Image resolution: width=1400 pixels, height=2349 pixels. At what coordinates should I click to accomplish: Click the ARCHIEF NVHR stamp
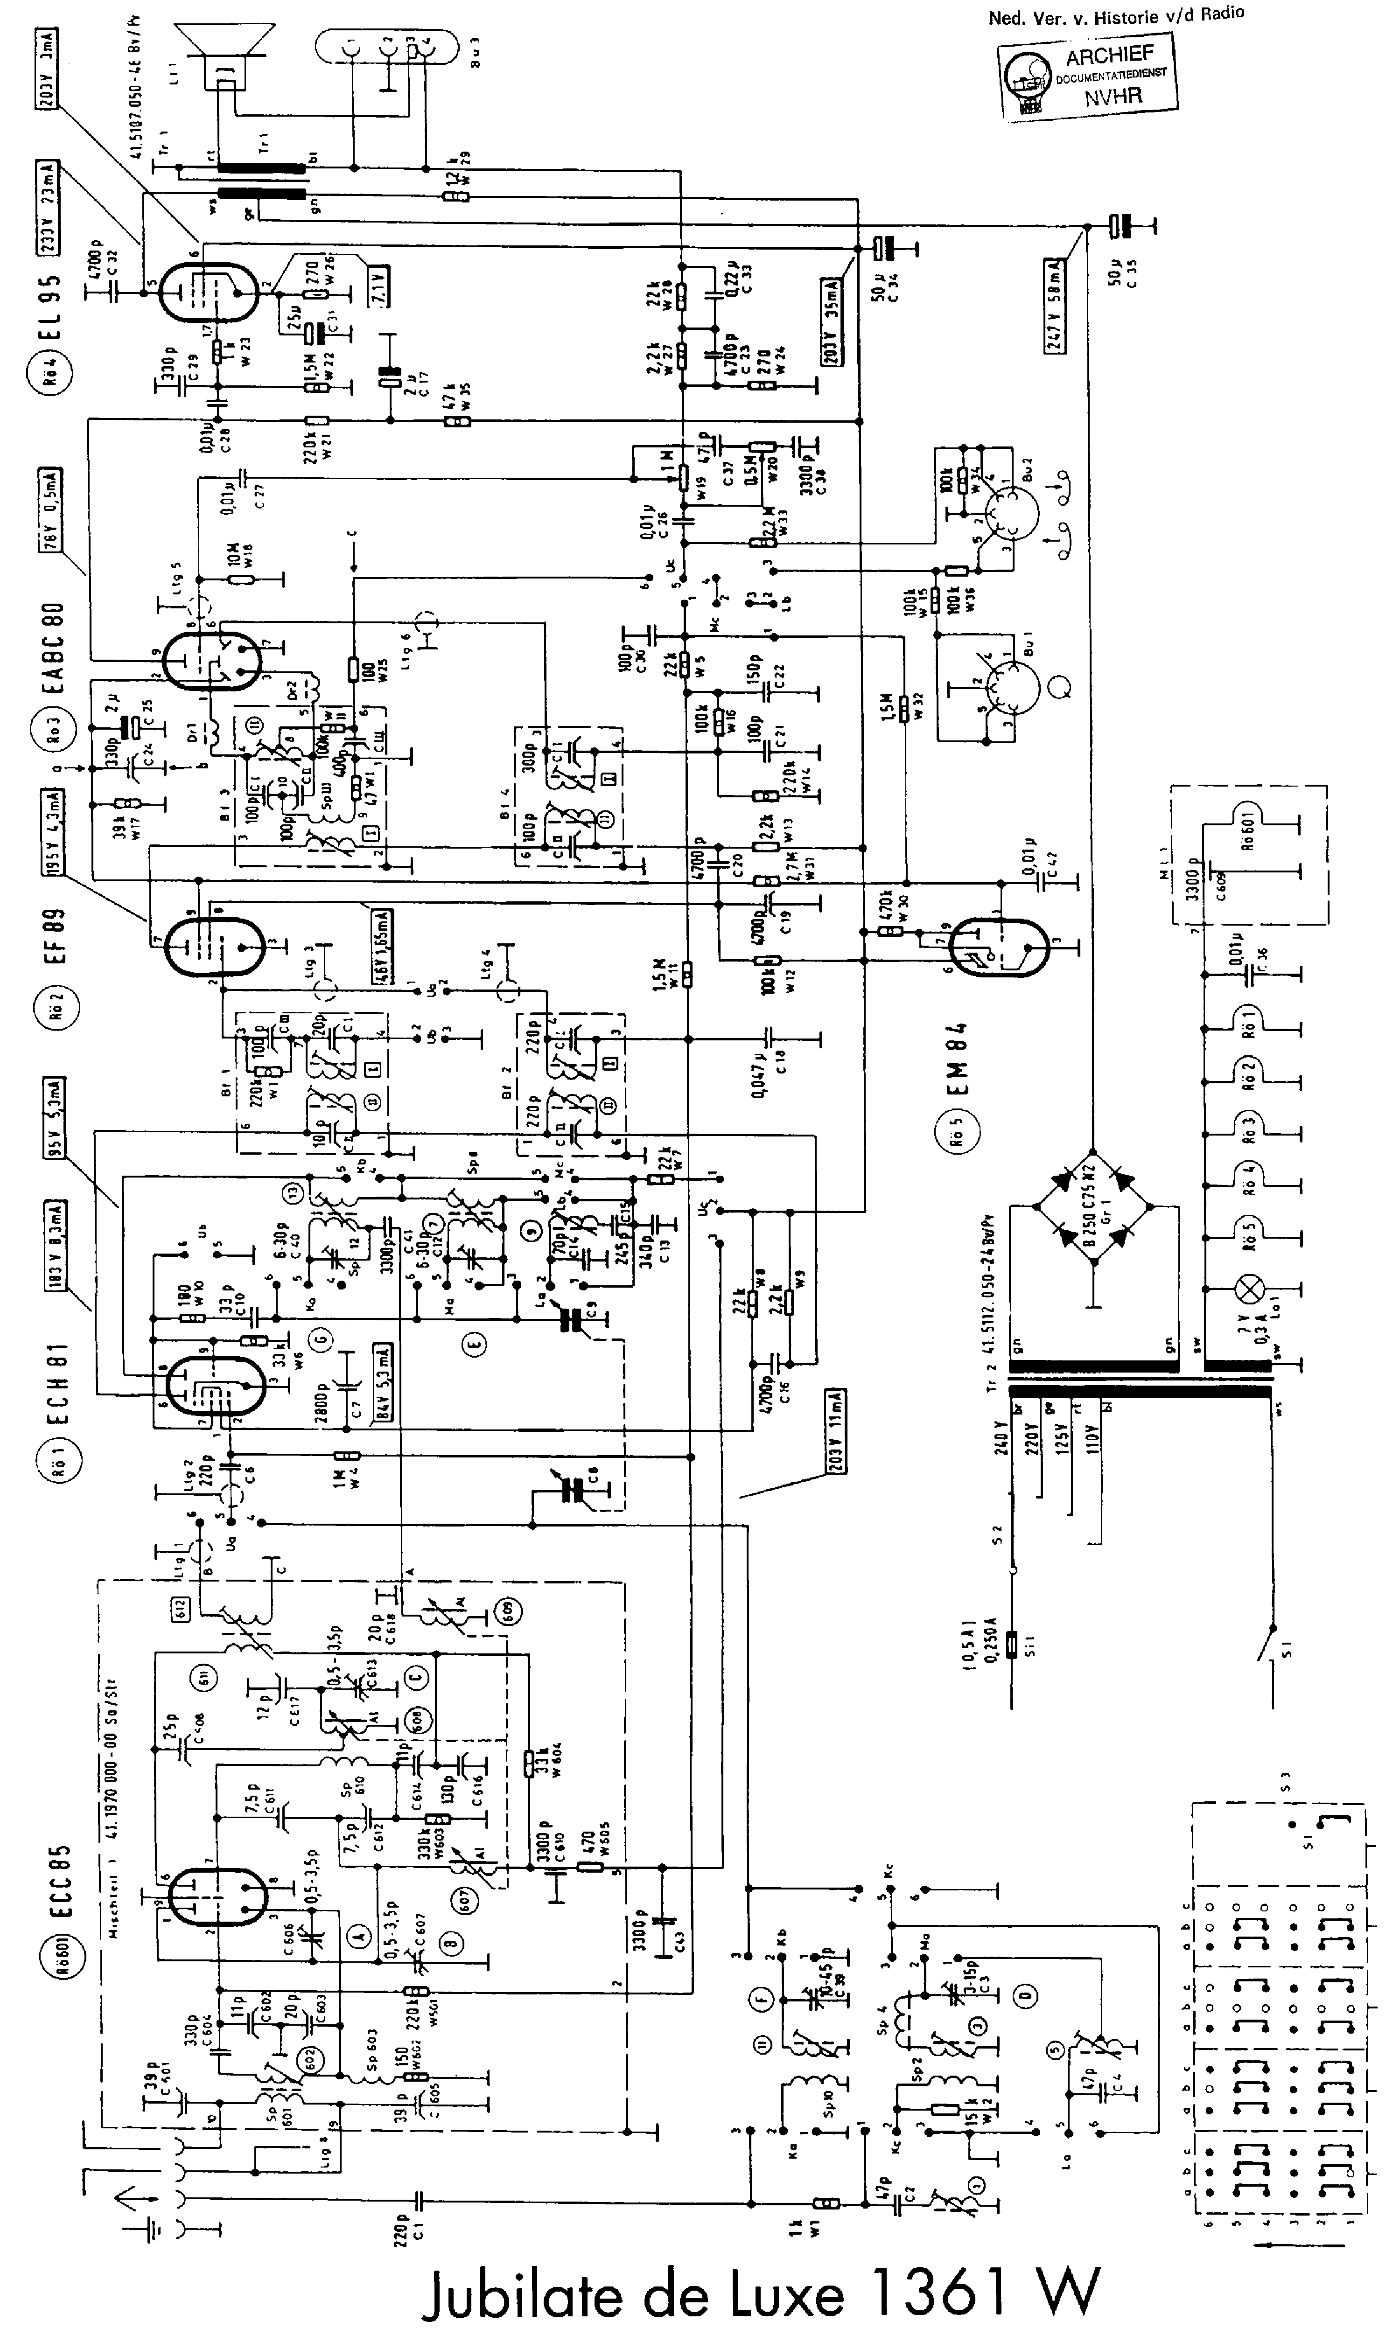[x=1088, y=77]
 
